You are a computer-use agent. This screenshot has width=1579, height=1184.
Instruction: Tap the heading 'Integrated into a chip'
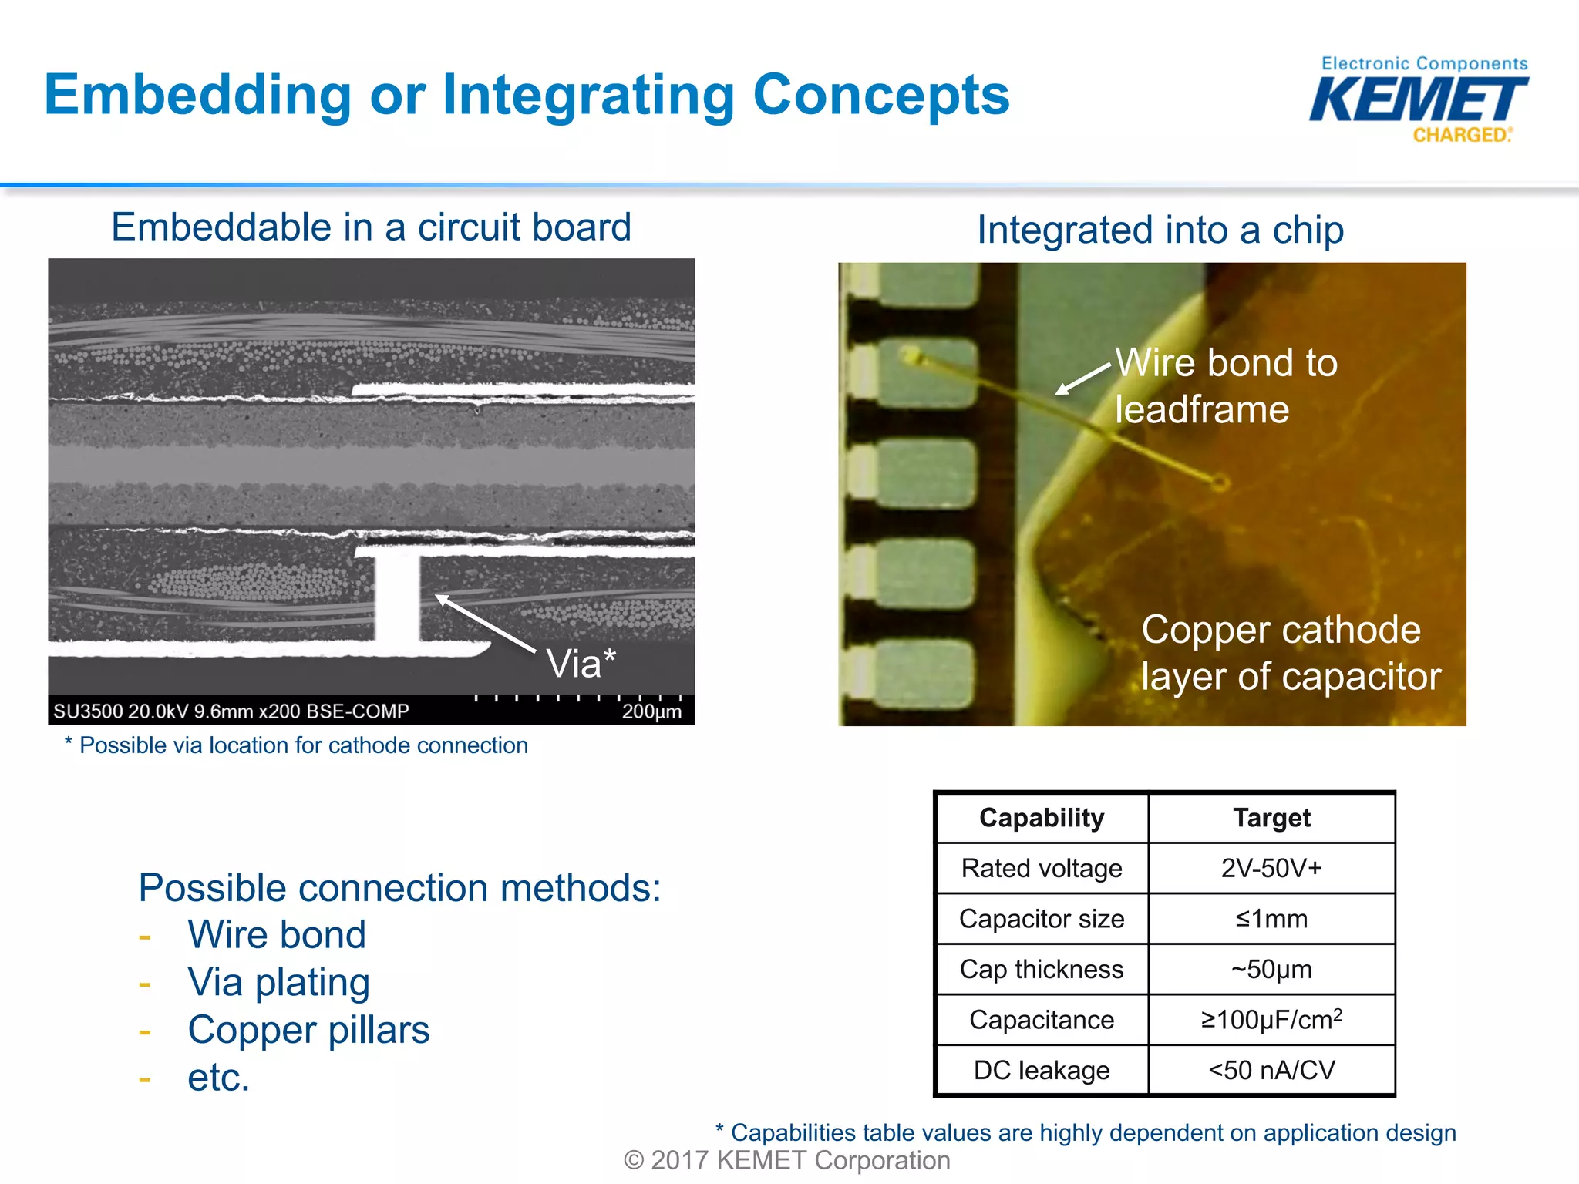pyautogui.click(x=1160, y=230)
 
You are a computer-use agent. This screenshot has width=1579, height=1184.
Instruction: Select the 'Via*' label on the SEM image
pyautogui.click(x=581, y=663)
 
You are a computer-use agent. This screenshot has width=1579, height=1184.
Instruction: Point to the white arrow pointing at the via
pyautogui.click(x=486, y=624)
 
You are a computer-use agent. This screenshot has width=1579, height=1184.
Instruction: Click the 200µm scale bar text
pyautogui.click(x=651, y=711)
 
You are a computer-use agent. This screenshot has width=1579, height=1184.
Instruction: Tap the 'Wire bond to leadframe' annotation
pyautogui.click(x=1226, y=385)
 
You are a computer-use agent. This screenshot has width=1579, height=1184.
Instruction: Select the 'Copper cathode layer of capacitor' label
pyautogui.click(x=1289, y=653)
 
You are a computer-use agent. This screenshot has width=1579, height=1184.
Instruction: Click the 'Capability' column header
pyautogui.click(x=1041, y=818)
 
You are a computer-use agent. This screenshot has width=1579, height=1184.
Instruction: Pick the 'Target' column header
pyautogui.click(x=1271, y=818)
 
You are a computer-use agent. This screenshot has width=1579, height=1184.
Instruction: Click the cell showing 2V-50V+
pyautogui.click(x=1271, y=869)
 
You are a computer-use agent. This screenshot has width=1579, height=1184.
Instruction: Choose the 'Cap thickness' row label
pyautogui.click(x=1041, y=969)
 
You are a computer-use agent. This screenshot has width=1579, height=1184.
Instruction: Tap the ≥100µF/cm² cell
pyautogui.click(x=1271, y=1020)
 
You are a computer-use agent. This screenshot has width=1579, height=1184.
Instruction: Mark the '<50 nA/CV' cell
pyautogui.click(x=1271, y=1070)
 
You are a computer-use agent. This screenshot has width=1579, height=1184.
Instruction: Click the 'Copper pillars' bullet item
pyautogui.click(x=308, y=1030)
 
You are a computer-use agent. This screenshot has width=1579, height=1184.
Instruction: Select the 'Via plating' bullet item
pyautogui.click(x=278, y=982)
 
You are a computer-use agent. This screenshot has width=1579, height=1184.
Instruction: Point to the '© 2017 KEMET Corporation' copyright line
pyautogui.click(x=786, y=1160)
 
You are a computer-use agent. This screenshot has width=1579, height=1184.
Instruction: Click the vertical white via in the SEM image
pyautogui.click(x=398, y=597)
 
